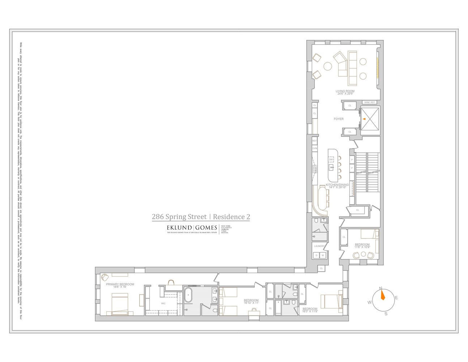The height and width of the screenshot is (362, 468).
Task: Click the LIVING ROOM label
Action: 345,91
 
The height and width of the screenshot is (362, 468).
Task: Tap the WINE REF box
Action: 369,102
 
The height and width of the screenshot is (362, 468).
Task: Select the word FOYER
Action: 339,119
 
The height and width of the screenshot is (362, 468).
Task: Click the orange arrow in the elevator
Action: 365,119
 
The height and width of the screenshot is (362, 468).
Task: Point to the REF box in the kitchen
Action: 314,140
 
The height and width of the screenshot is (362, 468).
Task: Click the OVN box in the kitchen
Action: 314,148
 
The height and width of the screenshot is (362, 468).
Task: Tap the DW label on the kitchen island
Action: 331,159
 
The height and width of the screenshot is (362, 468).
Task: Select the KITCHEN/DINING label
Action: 337,185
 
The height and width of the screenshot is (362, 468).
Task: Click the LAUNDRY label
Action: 319,246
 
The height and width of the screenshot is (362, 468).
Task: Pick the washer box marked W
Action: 323,255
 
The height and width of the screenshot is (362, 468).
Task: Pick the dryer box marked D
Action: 316,255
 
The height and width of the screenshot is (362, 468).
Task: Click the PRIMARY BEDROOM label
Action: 120,284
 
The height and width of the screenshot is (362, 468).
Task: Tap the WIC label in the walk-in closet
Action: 163,303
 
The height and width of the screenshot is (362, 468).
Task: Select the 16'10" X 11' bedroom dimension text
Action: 251,303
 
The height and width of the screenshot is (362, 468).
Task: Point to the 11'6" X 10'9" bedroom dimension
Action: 362,247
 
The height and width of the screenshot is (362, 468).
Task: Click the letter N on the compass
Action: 380,288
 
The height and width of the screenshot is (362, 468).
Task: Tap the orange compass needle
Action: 383,296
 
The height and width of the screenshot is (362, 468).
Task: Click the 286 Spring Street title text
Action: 179,217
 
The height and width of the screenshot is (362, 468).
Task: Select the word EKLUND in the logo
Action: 179,228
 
